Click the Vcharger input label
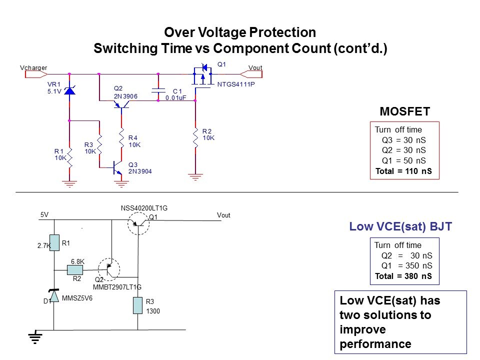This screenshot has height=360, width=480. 33,67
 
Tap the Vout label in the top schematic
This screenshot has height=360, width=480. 255,67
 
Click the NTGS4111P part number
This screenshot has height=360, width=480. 236,84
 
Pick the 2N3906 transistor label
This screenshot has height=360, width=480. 126,95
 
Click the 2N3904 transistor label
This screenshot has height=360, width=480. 140,171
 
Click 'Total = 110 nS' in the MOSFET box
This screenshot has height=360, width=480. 403,171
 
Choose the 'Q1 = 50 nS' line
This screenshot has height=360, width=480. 403,160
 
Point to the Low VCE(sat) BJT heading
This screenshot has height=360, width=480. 400,227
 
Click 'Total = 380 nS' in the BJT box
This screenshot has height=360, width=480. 403,276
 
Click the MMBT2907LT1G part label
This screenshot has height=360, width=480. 117,287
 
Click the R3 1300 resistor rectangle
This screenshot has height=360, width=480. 138,305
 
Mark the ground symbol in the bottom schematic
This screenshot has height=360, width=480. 34,337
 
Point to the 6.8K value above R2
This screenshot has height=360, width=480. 77,261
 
